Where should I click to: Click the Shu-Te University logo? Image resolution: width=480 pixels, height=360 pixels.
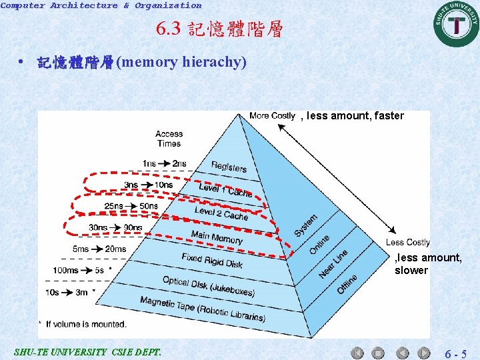[x=457, y=24]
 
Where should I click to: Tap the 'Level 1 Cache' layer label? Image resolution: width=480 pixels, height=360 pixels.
[x=225, y=190]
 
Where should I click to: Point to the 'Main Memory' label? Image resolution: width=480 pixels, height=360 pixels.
[x=217, y=237]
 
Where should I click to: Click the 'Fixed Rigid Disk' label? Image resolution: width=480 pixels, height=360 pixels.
[x=212, y=260]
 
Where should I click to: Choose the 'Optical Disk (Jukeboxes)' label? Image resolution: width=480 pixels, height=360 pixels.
[x=208, y=286]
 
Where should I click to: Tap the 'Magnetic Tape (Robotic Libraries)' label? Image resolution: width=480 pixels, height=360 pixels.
[x=202, y=309]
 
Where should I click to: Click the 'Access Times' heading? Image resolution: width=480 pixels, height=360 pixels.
[x=169, y=139]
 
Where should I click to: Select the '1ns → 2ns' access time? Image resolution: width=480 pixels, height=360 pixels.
[x=164, y=164]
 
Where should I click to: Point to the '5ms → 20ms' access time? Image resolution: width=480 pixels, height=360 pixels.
[x=99, y=249]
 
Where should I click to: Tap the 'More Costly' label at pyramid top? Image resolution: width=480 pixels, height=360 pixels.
[x=272, y=116]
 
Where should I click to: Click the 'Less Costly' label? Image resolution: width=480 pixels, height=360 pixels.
[x=408, y=242]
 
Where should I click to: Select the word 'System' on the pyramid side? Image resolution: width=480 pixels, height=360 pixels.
[x=306, y=225]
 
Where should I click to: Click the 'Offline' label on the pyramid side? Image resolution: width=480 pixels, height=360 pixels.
[x=347, y=284]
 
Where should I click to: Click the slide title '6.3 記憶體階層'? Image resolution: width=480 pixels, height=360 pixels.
[x=219, y=29]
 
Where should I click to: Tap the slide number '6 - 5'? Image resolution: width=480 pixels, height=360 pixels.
[x=456, y=353]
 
